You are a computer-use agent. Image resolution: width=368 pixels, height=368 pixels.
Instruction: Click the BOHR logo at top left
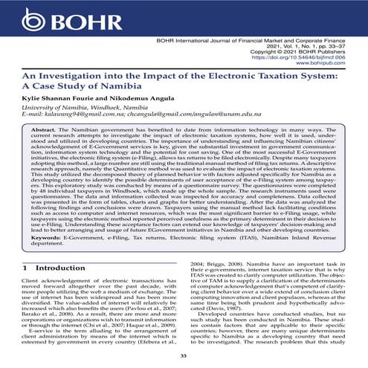[x=45, y=14]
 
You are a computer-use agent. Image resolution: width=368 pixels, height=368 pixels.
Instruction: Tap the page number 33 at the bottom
[x=184, y=356]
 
